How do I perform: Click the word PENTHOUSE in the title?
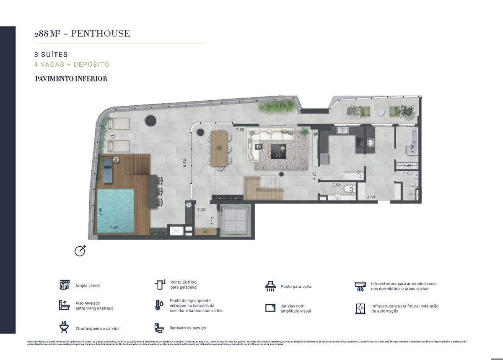coord(101,34)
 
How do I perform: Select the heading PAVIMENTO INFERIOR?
coord(71,79)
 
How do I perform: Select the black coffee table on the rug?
coord(277,150)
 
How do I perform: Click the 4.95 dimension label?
coord(314,175)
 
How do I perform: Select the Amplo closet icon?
coord(64,285)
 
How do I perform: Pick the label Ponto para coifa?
coord(296,287)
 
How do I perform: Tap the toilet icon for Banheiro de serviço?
coord(159,327)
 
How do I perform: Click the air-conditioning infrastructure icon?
coord(360,286)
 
